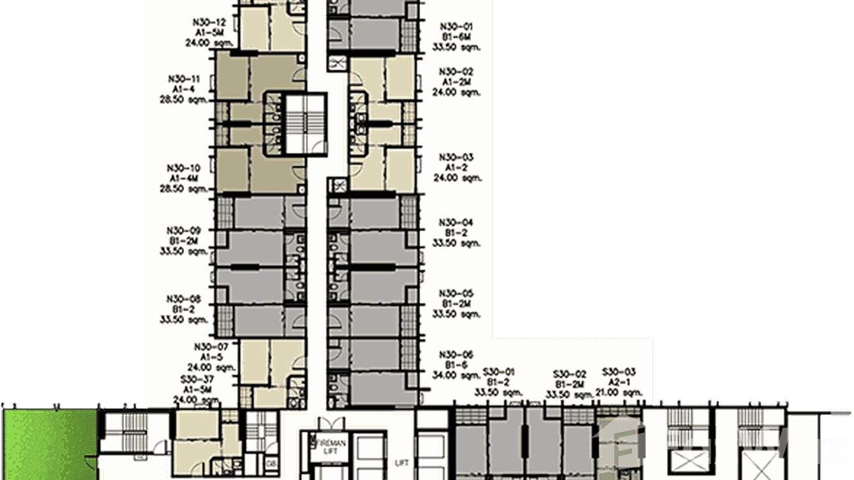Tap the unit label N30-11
coord(184,79)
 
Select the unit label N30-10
coord(183,169)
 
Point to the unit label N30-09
coord(183,230)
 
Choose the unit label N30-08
coord(183,299)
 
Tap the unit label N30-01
coord(457,27)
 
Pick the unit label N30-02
coord(457,72)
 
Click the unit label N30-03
coord(457,157)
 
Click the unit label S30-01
coord(500,372)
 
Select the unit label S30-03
coord(620,372)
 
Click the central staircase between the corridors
coord(305,124)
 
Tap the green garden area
coord(48,442)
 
